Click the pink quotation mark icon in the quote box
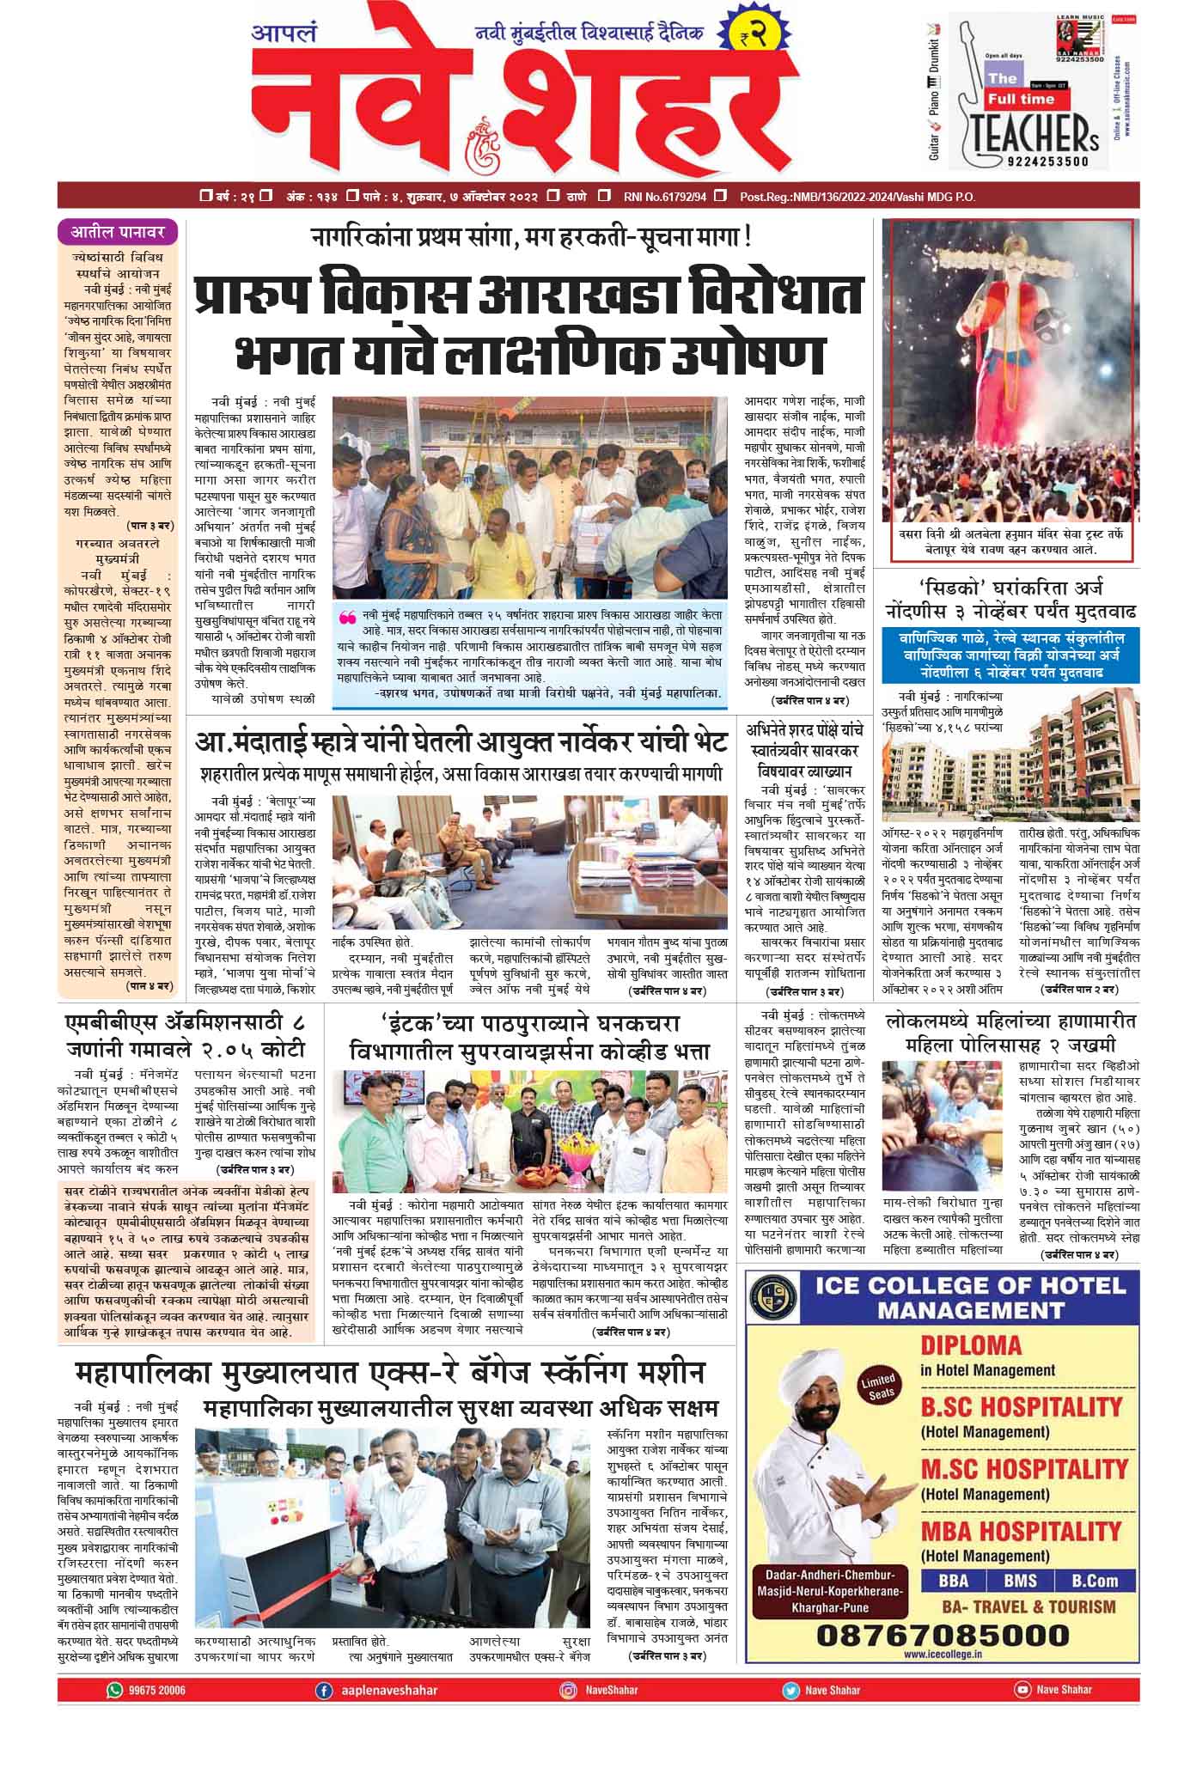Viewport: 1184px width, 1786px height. pos(348,617)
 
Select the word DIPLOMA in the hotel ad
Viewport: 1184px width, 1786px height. pos(971,1345)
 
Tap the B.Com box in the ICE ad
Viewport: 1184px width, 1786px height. pos(1095,1580)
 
